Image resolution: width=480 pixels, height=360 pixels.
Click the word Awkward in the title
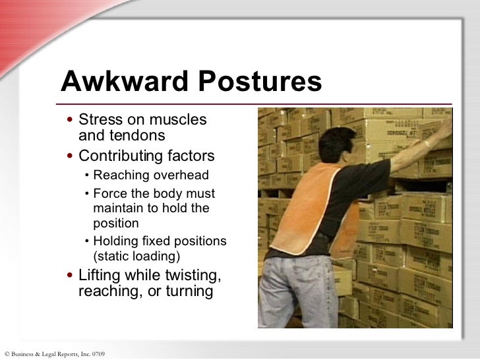[x=123, y=82]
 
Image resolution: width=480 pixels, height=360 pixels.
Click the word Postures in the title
[x=256, y=82]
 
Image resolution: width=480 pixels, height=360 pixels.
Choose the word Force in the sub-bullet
[x=109, y=194]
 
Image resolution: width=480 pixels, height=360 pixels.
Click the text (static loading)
[x=136, y=255]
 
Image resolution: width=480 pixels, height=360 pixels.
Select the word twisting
[x=188, y=275]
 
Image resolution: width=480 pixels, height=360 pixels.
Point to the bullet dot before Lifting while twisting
[x=70, y=276]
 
